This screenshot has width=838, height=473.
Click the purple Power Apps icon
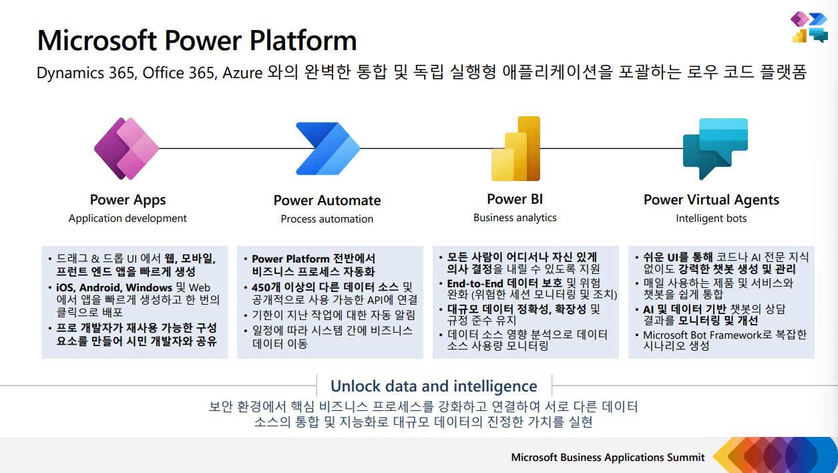(126, 148)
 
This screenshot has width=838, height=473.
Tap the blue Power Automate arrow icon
(328, 148)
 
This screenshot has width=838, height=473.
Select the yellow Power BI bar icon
(516, 148)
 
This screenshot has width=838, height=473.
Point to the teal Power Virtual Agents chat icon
(715, 148)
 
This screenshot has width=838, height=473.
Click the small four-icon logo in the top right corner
(809, 27)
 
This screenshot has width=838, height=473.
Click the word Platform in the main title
(303, 40)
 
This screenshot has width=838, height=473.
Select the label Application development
(128, 218)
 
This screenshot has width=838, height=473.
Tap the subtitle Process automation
(327, 219)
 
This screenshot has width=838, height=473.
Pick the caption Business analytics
(515, 218)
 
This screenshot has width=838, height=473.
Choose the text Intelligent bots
(711, 218)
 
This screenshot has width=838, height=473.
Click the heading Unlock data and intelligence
(434, 386)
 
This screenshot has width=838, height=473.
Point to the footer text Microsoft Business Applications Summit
(608, 457)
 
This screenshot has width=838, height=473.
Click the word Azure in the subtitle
(242, 73)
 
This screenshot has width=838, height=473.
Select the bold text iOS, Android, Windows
(114, 287)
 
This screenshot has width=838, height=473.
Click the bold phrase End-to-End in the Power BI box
(475, 284)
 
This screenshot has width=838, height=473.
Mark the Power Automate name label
(327, 200)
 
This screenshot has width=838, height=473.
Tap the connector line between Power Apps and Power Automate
(228, 148)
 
